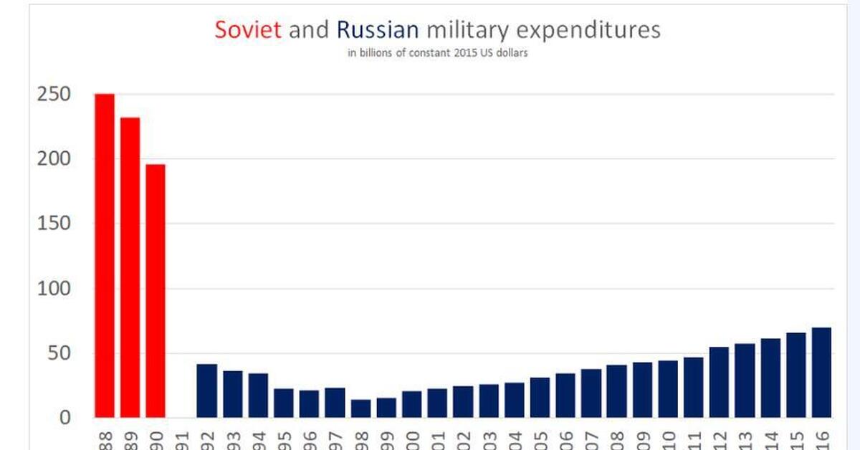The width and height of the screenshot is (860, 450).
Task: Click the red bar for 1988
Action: (105, 255)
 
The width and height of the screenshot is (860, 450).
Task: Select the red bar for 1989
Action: (130, 267)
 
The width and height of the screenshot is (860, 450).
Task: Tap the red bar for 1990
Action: (156, 291)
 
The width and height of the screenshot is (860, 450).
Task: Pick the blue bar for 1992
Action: (207, 391)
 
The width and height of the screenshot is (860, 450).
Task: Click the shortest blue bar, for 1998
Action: (360, 408)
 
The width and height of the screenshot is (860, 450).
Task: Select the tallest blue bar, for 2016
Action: (821, 373)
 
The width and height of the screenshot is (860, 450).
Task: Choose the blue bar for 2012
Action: (719, 382)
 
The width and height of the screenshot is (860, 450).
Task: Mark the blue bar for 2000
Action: (412, 404)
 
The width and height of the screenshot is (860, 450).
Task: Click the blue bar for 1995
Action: (284, 403)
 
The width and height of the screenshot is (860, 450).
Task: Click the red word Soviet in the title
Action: (248, 30)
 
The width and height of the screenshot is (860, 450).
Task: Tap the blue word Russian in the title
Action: (377, 30)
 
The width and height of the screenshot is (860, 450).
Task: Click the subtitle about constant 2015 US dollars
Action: (438, 53)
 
